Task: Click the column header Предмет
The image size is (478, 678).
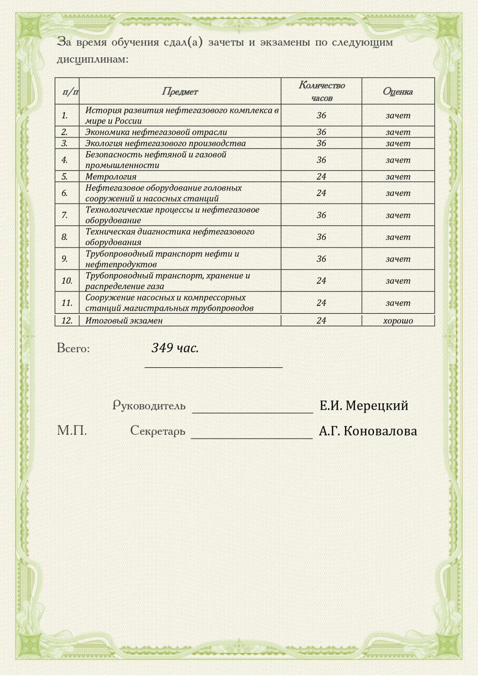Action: (x=180, y=92)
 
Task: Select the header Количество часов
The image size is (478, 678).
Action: (x=322, y=91)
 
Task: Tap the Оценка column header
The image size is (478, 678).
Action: (x=398, y=92)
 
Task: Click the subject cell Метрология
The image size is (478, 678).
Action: (x=111, y=177)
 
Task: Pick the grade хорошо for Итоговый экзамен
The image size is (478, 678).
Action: (x=398, y=321)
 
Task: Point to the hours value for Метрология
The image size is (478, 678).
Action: (x=322, y=177)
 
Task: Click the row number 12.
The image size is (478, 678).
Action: (x=67, y=321)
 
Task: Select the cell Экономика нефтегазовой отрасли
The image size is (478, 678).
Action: (x=156, y=132)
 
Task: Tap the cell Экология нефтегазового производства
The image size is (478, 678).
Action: (x=165, y=143)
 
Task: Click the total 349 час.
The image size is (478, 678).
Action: (x=175, y=348)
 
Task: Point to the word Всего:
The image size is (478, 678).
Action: (x=73, y=348)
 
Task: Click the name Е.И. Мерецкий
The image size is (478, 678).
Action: (x=364, y=406)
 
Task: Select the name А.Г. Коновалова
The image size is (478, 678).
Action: (x=368, y=431)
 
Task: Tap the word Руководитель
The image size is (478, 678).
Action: (x=149, y=406)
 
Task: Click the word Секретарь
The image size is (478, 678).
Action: (x=158, y=431)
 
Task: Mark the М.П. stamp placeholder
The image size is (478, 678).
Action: (x=72, y=431)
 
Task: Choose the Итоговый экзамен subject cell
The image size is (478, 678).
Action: (x=124, y=321)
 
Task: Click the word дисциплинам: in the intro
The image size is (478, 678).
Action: (x=93, y=60)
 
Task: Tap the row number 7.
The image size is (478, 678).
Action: (x=65, y=215)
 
